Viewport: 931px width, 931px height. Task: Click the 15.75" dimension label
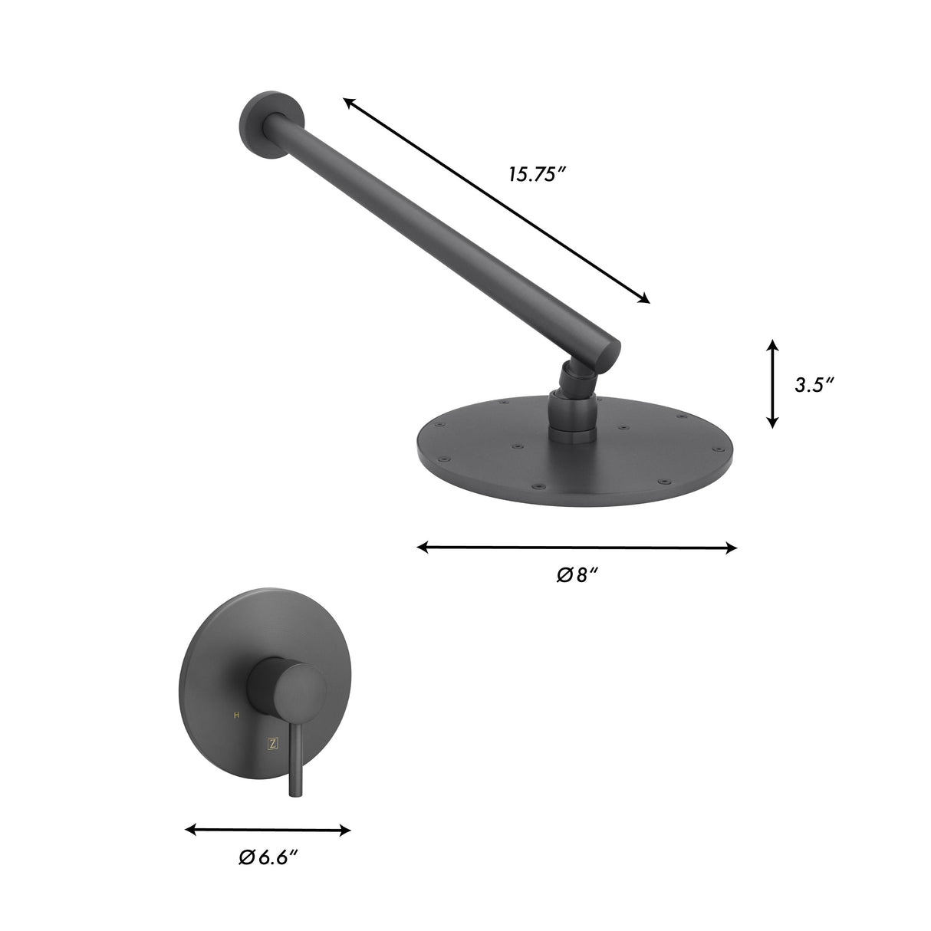coord(536,174)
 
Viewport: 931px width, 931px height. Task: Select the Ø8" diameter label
coord(577,574)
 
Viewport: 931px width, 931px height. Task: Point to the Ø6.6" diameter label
coord(268,857)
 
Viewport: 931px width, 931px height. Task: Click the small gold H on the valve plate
coord(236,715)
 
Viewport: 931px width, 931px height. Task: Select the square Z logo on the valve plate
coord(271,742)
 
